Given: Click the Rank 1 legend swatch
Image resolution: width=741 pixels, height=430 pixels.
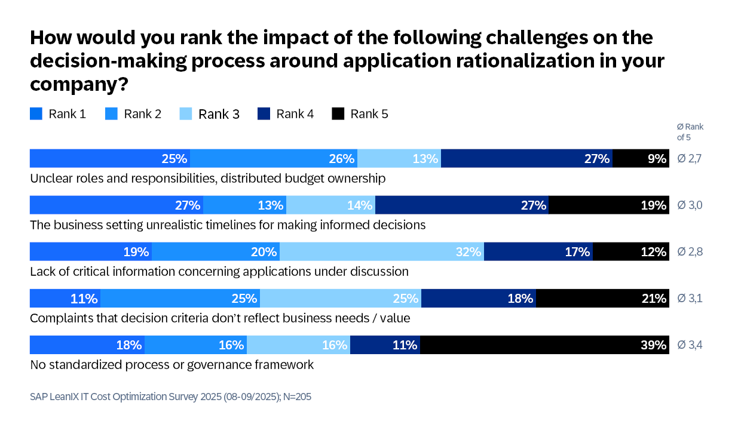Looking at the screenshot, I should (36, 113).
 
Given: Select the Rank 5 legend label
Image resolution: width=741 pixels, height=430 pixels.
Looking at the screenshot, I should (369, 113).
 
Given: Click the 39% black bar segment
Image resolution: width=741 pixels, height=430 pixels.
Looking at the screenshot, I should (544, 345).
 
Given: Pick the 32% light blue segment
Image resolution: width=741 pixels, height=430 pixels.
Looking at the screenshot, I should (382, 251).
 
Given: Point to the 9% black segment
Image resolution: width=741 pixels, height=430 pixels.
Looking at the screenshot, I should (641, 158).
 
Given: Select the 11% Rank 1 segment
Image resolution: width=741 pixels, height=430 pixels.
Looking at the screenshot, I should (65, 298).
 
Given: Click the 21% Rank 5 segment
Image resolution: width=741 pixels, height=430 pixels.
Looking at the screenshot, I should (602, 298).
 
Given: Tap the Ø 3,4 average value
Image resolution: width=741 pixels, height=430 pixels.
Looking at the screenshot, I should (690, 345).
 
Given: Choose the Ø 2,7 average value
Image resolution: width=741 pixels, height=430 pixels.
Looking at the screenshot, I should (690, 159).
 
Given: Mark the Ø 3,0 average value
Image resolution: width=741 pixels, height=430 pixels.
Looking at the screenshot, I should (690, 205).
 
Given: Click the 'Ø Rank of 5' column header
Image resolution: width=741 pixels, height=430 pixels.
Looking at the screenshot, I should (690, 132).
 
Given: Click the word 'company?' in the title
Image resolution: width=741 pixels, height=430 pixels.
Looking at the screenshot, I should (79, 84).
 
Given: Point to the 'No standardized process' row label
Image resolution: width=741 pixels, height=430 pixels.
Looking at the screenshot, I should (172, 364).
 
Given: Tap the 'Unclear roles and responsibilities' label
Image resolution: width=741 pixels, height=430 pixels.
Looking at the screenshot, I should (207, 178).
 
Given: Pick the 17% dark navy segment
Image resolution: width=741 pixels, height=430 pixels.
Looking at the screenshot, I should (538, 251).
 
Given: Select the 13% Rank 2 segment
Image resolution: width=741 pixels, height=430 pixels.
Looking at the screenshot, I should (244, 205).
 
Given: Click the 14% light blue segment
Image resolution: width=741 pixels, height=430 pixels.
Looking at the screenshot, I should (330, 205).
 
